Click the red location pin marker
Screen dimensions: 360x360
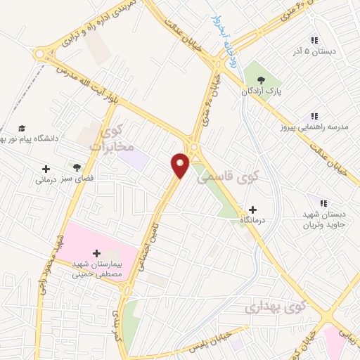[x=181, y=165]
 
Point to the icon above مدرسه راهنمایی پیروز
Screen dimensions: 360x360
[x=314, y=117]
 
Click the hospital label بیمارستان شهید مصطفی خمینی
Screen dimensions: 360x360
[x=98, y=268]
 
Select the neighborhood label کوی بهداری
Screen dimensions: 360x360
[x=276, y=307]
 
